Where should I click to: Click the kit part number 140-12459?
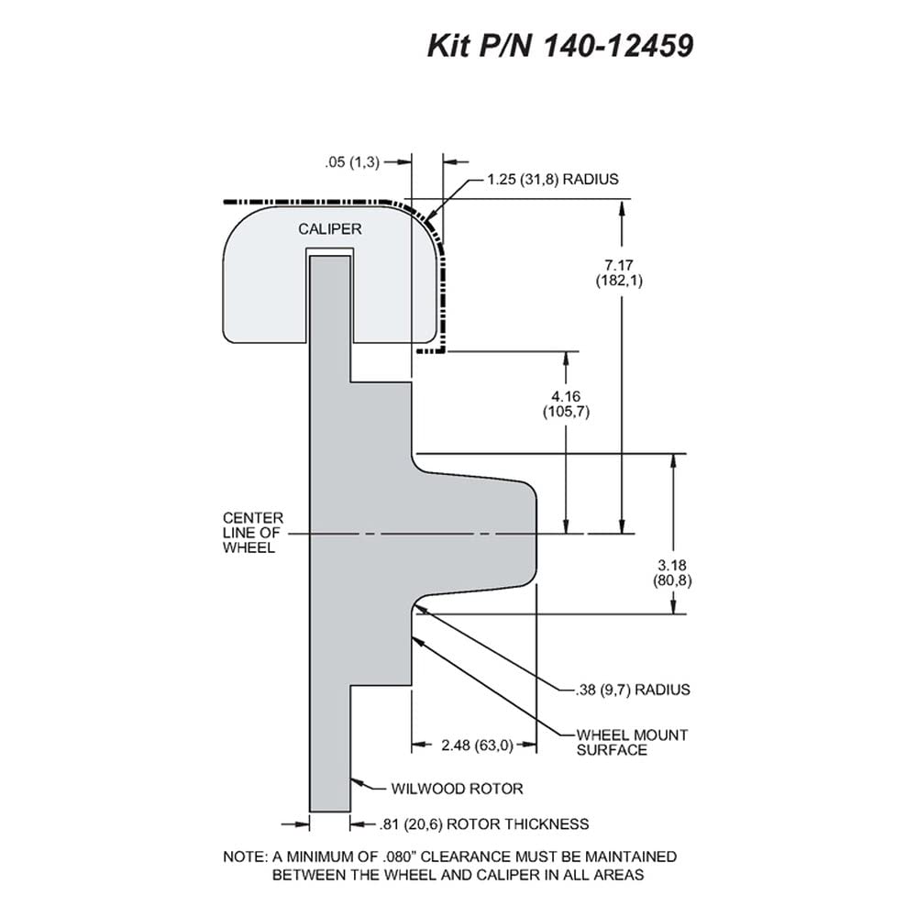click(619, 45)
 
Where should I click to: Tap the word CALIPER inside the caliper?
click(330, 228)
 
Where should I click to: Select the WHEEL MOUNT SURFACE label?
click(632, 742)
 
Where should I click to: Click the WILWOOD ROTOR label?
click(457, 789)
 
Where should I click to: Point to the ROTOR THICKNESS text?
click(517, 824)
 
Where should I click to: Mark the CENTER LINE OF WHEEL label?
click(253, 533)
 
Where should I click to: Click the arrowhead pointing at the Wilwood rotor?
click(357, 781)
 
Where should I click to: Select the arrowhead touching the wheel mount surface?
click(417, 642)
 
